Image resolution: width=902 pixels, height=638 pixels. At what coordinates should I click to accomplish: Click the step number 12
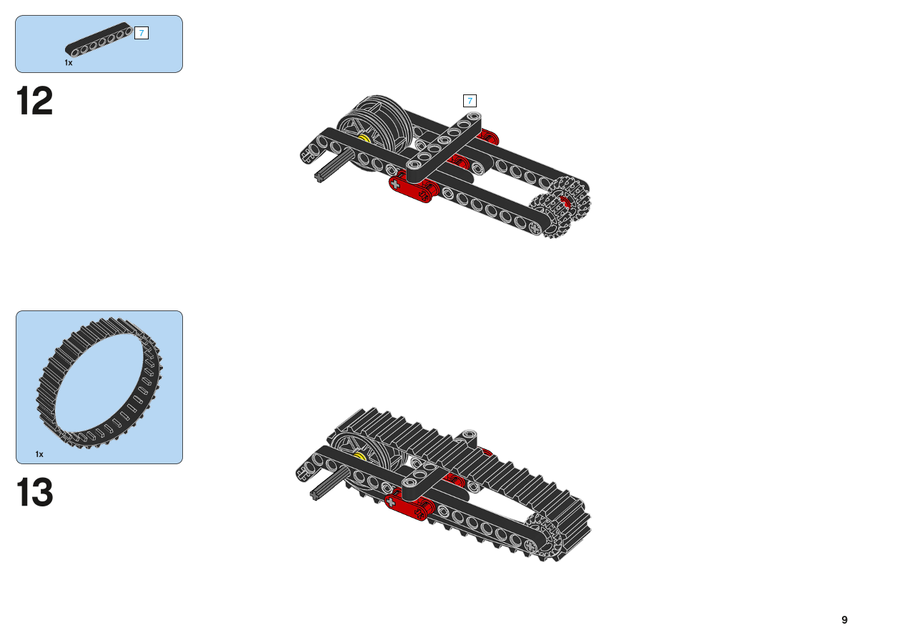point(34,101)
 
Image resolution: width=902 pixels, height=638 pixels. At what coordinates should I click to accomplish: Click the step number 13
point(34,492)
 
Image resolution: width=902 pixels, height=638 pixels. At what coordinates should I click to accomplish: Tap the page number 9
point(844,619)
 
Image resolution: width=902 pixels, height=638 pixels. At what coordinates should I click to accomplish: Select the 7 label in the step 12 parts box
point(142,33)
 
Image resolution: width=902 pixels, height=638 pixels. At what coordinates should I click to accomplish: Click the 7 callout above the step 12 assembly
point(470,101)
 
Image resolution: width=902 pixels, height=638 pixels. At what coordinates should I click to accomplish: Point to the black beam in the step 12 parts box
point(99,39)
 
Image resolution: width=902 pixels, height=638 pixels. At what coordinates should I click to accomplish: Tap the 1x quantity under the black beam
point(69,63)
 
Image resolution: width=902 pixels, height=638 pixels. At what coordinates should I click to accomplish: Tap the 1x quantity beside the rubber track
point(39,454)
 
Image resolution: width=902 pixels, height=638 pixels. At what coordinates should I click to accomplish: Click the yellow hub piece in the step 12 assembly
point(365,139)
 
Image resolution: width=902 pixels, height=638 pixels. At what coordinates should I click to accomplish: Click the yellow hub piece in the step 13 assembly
point(360,456)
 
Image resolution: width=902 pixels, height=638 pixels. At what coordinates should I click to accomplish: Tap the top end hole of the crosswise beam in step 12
point(474,117)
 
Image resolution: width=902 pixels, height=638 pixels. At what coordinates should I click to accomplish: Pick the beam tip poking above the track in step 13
point(468,436)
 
